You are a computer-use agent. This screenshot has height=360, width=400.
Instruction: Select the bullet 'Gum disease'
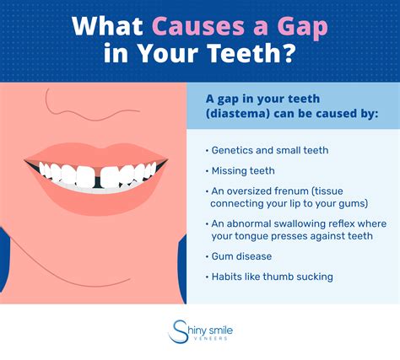point(240,257)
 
